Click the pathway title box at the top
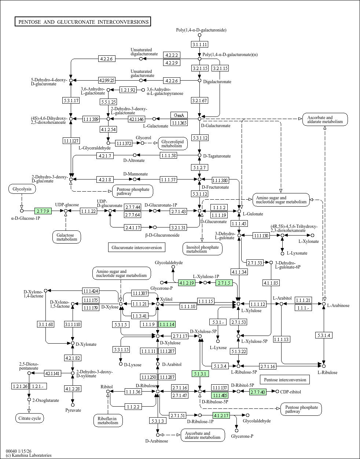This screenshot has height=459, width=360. pos(83,22)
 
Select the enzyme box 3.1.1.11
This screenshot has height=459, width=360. pos(200,44)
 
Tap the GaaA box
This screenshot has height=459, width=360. pos(179,115)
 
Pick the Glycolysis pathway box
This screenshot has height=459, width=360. pos(22,189)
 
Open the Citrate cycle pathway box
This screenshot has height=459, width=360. pos(30,418)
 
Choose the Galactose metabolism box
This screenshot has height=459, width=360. pos(66,237)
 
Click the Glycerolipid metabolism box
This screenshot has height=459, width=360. pos(173,143)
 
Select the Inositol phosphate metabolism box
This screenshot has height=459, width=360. pos(202,249)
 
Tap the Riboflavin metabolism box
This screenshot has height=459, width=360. pos(108,421)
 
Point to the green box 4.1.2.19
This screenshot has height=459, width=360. pos(187,282)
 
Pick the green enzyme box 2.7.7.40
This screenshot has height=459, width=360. pos(257,392)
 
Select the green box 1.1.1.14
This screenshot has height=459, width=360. pos(167,324)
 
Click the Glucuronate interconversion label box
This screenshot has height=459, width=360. pos(136,247)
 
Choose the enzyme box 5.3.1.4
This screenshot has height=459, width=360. pos(324,335)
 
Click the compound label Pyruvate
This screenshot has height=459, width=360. pos(73,410)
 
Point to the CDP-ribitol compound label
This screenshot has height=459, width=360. pos(290,392)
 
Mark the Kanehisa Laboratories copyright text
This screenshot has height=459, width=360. pos(29,455)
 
